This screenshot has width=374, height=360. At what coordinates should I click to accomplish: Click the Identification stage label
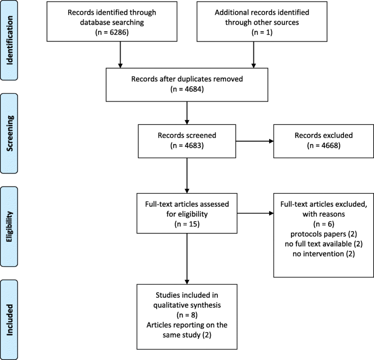(x=9, y=40)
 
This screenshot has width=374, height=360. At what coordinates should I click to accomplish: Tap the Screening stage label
(x=9, y=133)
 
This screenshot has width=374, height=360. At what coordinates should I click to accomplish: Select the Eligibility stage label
(x=9, y=226)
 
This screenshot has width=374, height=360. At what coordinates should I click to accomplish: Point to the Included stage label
(x=9, y=320)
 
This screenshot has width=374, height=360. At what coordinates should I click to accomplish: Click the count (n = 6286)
(x=112, y=32)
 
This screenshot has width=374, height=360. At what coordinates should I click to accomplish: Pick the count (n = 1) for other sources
(x=262, y=32)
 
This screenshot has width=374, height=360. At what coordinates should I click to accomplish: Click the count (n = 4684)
(x=187, y=89)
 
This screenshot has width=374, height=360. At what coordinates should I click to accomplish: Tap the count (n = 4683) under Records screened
(x=187, y=145)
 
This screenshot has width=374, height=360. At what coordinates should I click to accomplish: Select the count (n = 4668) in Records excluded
(x=324, y=145)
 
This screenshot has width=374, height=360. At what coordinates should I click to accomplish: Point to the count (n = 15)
(x=187, y=224)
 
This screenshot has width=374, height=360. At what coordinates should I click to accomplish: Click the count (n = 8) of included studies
(x=187, y=315)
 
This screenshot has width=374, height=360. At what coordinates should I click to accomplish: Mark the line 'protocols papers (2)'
(x=324, y=234)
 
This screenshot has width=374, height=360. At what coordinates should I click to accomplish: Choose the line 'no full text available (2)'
(x=324, y=244)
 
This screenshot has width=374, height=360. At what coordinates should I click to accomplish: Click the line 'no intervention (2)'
(x=324, y=254)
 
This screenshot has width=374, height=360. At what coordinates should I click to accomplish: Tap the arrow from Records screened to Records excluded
(x=255, y=141)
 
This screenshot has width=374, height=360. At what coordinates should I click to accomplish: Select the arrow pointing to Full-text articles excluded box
(x=256, y=213)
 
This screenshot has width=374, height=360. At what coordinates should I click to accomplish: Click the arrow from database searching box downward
(x=120, y=55)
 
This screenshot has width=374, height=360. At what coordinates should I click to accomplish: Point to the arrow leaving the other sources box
(x=253, y=55)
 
